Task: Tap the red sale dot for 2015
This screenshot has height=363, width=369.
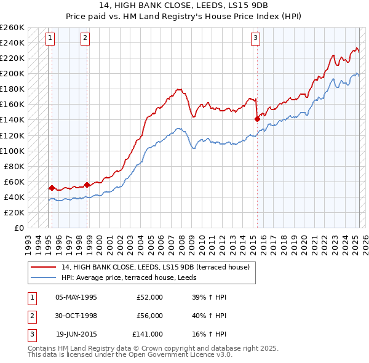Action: point(256,119)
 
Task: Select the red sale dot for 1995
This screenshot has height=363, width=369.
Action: point(52,187)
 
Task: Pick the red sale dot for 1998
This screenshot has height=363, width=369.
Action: point(87,184)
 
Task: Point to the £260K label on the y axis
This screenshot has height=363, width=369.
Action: point(12,28)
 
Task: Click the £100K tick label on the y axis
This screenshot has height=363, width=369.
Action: point(12,151)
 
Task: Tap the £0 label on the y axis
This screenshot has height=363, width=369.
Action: point(20,228)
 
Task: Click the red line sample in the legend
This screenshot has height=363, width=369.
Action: point(43,268)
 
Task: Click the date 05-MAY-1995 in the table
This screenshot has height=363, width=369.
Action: point(76,297)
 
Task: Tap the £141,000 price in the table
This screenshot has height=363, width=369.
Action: point(147,334)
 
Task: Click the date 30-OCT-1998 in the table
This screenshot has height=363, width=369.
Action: point(76,316)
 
